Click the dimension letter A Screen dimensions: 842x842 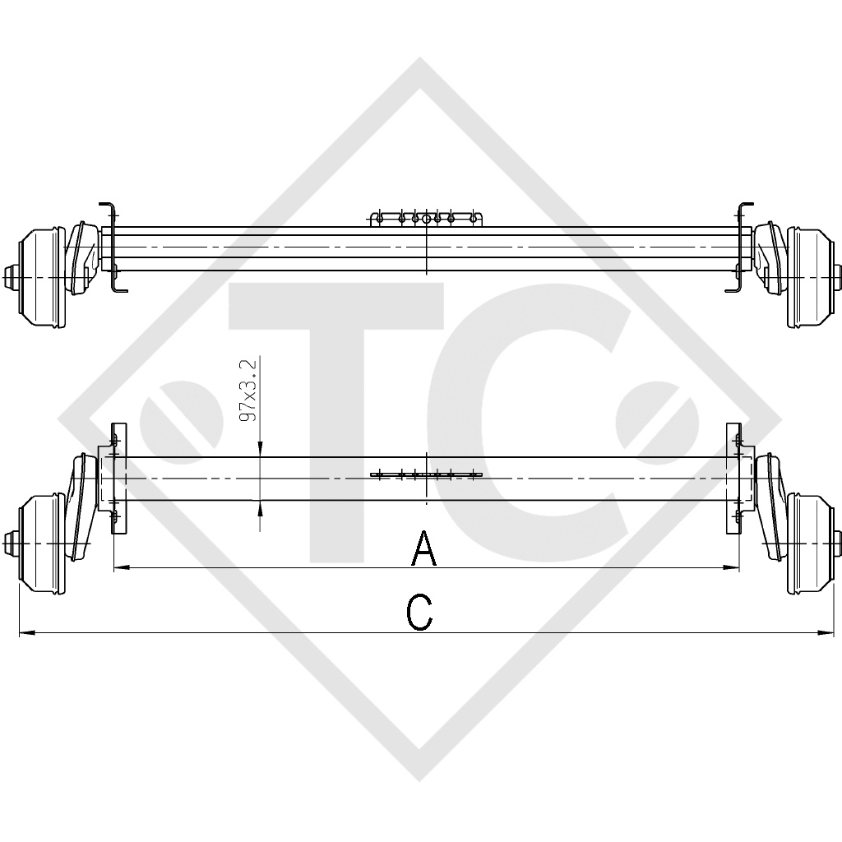click(423, 548)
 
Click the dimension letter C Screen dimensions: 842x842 click(420, 613)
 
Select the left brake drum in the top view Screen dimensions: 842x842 click(41, 276)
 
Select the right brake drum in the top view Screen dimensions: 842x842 click(808, 276)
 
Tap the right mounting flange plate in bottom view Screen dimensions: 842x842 click(734, 478)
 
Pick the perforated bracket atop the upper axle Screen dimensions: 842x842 click(426, 219)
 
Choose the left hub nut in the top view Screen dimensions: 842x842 click(10, 276)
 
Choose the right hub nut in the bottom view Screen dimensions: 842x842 click(836, 544)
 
